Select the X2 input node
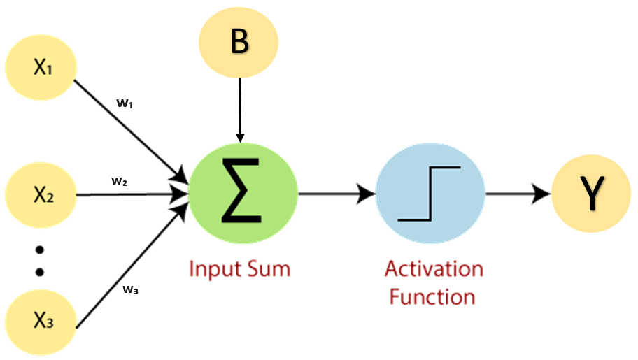coord(41,194)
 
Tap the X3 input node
coord(41,322)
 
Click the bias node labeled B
coord(239,43)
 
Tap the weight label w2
coord(120,181)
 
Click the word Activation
coord(434,269)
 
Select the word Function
coord(432,296)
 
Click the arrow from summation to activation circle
coord(336,195)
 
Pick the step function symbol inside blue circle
coord(429,194)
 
